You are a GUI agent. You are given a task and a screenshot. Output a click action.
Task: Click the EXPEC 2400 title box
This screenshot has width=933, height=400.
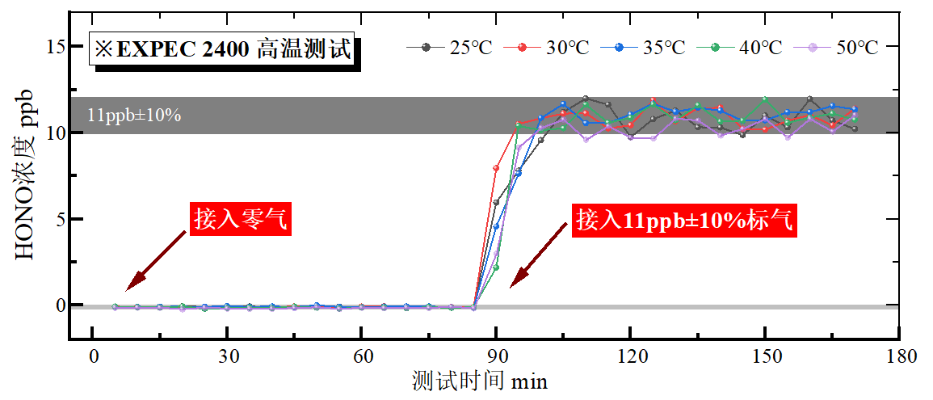(x=225, y=49)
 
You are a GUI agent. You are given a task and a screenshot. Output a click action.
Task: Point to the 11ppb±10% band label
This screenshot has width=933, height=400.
(x=134, y=115)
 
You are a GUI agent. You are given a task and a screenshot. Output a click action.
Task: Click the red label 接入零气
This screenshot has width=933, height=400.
(x=240, y=219)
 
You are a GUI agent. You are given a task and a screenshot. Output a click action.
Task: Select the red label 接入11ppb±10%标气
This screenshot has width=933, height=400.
(x=685, y=220)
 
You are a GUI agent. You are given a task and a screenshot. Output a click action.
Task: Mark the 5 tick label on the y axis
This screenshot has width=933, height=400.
(x=60, y=219)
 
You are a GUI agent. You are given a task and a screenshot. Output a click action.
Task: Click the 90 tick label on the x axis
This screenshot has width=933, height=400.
(x=497, y=356)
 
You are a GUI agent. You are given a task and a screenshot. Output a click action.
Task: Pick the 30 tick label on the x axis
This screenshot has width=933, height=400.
(x=228, y=356)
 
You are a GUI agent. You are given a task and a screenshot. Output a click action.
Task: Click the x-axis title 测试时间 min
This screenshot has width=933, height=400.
(x=479, y=381)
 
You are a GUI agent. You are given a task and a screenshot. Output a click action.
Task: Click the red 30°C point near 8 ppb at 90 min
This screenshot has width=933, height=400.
(x=496, y=168)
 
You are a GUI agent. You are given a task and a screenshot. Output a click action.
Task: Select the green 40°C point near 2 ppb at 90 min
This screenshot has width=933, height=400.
(x=496, y=267)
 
